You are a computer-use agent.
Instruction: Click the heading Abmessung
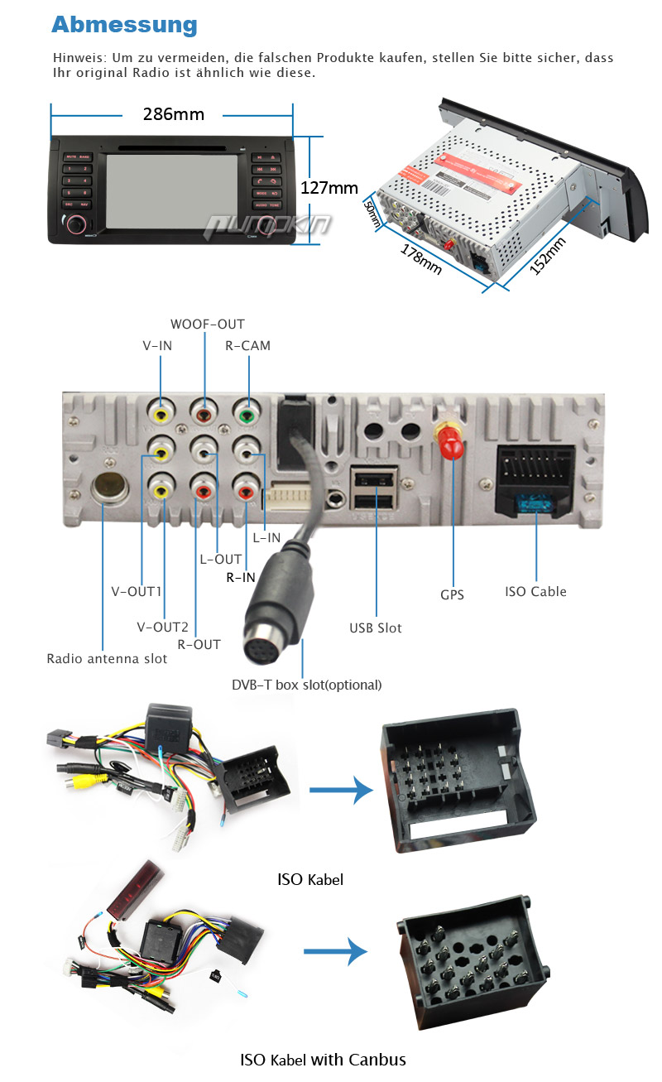pyautogui.click(x=124, y=25)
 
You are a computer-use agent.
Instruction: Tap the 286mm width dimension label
pyautogui.click(x=173, y=114)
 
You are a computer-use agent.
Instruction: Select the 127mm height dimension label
pyautogui.click(x=329, y=188)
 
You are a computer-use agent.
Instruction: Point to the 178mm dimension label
pyautogui.click(x=421, y=258)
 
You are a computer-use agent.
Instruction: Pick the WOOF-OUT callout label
pyautogui.click(x=208, y=324)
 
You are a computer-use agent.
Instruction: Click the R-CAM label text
pyautogui.click(x=247, y=345)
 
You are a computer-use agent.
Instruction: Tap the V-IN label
pyautogui.click(x=156, y=345)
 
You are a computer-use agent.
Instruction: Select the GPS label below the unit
pyautogui.click(x=452, y=594)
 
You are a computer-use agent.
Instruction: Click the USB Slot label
pyautogui.click(x=375, y=628)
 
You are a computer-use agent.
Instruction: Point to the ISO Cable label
pyautogui.click(x=536, y=591)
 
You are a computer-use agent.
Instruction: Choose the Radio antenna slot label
pyautogui.click(x=107, y=659)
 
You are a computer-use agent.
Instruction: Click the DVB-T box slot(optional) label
pyautogui.click(x=306, y=685)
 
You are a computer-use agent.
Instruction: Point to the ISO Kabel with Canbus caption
pyautogui.click(x=323, y=1059)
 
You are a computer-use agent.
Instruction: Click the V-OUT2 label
pyautogui.click(x=162, y=626)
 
